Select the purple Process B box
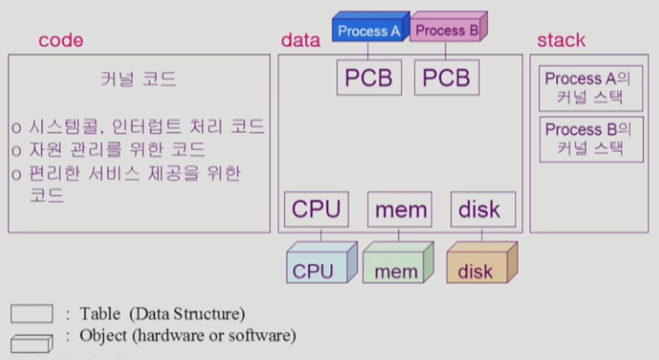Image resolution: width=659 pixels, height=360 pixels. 445,31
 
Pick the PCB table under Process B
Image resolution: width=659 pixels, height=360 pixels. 446,78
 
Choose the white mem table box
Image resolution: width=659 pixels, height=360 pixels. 401,210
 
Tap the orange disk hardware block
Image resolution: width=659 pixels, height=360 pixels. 479,266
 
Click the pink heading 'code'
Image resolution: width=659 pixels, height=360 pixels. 60,41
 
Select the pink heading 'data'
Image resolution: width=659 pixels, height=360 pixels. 301,41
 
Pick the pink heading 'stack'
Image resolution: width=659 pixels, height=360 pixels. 560,41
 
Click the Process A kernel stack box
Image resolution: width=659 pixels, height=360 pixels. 579,87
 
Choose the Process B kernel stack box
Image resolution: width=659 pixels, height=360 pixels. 579,138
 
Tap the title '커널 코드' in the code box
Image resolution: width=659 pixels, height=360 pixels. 139,80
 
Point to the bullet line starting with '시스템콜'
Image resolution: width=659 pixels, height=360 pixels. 139,127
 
